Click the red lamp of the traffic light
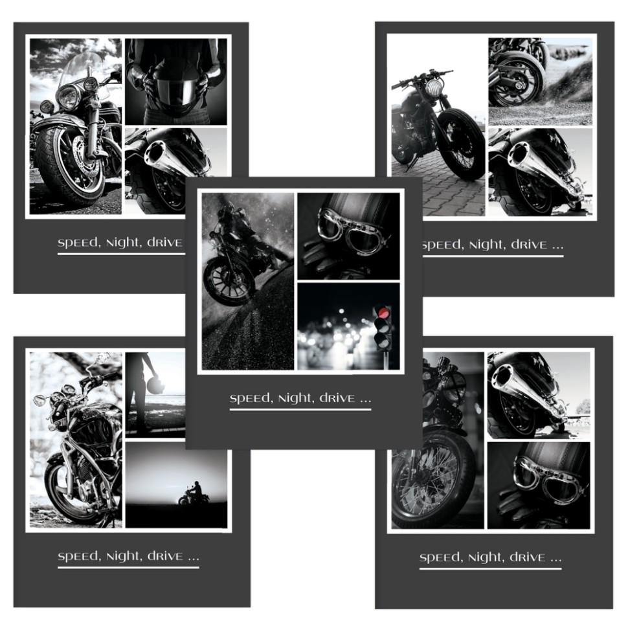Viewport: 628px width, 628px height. click(383, 313)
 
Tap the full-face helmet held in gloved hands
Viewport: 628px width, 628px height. click(176, 87)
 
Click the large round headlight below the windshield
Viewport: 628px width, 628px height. click(68, 97)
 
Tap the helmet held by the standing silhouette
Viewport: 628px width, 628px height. click(156, 385)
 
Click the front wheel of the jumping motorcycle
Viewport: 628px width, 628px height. click(229, 280)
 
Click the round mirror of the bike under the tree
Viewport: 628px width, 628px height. click(39, 399)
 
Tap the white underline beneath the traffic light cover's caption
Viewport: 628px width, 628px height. click(300, 409)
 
